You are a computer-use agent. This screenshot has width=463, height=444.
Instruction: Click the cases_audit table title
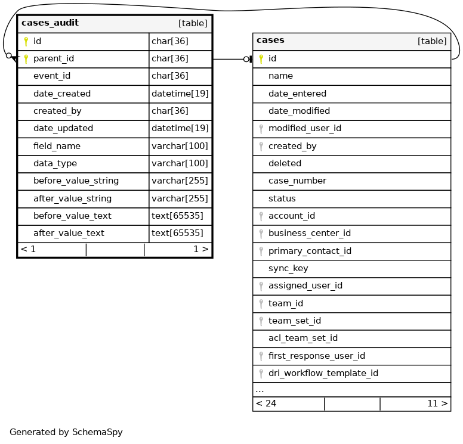pos(50,23)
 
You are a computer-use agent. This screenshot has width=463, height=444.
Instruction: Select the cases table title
pos(270,41)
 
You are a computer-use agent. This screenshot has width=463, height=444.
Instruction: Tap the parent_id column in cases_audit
pos(54,58)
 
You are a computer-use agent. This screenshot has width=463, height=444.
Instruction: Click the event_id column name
pos(52,76)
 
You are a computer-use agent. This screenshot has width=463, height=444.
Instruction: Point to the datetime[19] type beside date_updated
pos(180,128)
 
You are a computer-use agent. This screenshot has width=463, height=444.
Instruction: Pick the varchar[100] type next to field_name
pos(180,146)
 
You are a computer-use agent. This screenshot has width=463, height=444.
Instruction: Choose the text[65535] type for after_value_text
pos(177,233)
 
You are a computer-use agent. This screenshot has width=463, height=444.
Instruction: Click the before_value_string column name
pos(76,181)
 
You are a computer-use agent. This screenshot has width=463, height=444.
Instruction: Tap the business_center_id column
pos(309,233)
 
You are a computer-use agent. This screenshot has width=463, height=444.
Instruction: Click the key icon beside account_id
pos(261,216)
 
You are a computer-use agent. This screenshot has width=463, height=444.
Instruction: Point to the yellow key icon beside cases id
pos(261,58)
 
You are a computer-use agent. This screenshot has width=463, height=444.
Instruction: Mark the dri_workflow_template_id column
pos(323,373)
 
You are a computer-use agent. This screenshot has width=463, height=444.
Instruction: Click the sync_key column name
pos(288,268)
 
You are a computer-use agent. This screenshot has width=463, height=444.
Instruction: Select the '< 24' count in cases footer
pos(266,403)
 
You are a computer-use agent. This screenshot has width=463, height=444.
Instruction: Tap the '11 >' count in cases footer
pos(437,403)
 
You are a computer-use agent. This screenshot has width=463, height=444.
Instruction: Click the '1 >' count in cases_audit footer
pos(200,249)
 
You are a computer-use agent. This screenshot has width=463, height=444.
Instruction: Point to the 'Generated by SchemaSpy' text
pos(66,432)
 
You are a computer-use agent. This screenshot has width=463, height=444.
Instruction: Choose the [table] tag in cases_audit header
pos(193,24)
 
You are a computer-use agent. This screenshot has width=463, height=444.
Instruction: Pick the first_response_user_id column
pos(316,356)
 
